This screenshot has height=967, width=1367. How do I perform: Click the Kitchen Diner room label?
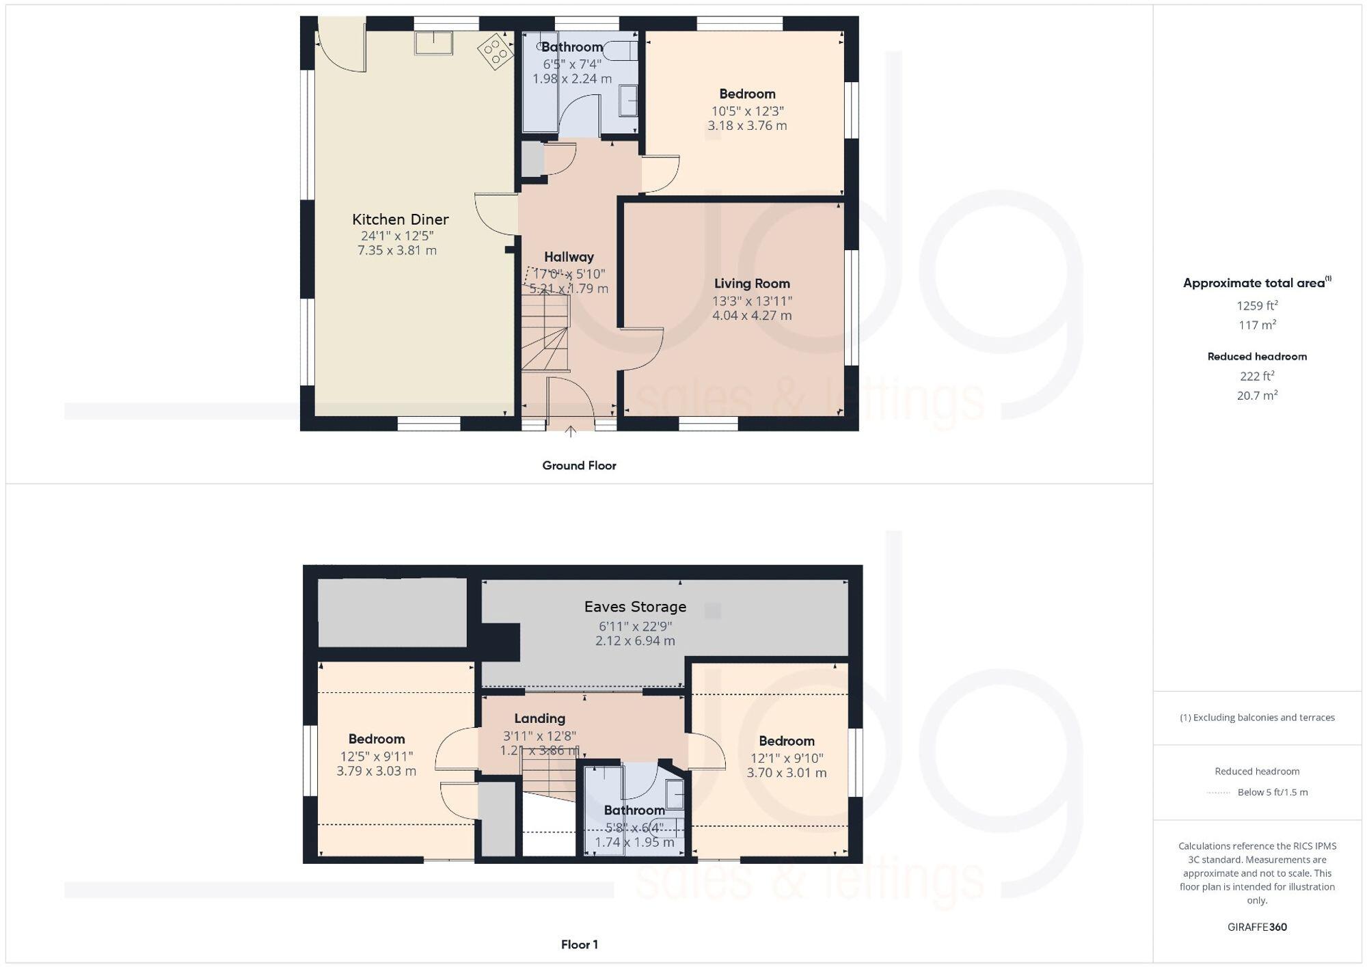point(400,219)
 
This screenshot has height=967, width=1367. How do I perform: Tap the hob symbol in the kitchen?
point(496,51)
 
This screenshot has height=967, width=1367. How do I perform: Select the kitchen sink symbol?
point(433,43)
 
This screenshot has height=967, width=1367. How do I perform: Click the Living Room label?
point(752,284)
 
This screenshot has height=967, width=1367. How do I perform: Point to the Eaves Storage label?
point(635,607)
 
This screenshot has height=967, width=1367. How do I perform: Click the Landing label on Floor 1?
point(539,718)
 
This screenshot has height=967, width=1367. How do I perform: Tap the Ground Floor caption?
point(579,465)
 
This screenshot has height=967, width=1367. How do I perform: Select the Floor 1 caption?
point(579,944)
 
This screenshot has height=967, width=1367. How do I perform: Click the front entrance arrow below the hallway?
point(570,431)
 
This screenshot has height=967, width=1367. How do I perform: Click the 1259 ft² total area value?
point(1257,305)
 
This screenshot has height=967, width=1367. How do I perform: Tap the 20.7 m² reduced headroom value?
point(1257,395)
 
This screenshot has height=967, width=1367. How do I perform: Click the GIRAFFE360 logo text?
point(1257,927)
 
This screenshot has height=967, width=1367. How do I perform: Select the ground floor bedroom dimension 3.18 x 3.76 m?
point(747,126)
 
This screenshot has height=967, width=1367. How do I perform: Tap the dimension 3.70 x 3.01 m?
point(786,773)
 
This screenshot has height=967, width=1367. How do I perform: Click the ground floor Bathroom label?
point(572,47)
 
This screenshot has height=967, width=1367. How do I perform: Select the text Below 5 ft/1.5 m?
point(1272,792)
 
